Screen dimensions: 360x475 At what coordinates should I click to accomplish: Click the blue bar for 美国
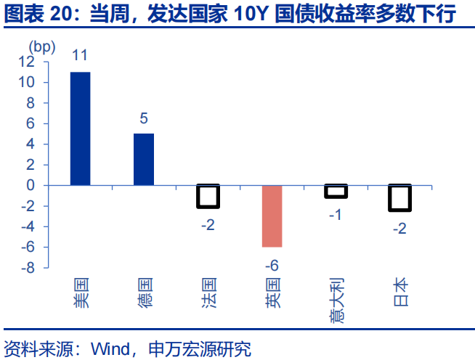click(80, 128)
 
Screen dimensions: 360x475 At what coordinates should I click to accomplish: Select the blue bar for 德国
click(144, 159)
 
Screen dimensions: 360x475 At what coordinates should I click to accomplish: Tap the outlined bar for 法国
click(208, 196)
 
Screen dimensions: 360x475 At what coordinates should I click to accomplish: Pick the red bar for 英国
click(272, 216)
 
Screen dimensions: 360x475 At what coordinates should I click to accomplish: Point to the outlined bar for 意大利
click(336, 191)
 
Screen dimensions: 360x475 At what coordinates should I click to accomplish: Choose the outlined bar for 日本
click(399, 197)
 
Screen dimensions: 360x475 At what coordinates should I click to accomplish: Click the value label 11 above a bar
click(80, 55)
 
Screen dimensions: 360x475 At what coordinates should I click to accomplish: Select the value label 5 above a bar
click(144, 117)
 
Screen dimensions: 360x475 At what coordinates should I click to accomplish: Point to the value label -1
click(336, 214)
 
